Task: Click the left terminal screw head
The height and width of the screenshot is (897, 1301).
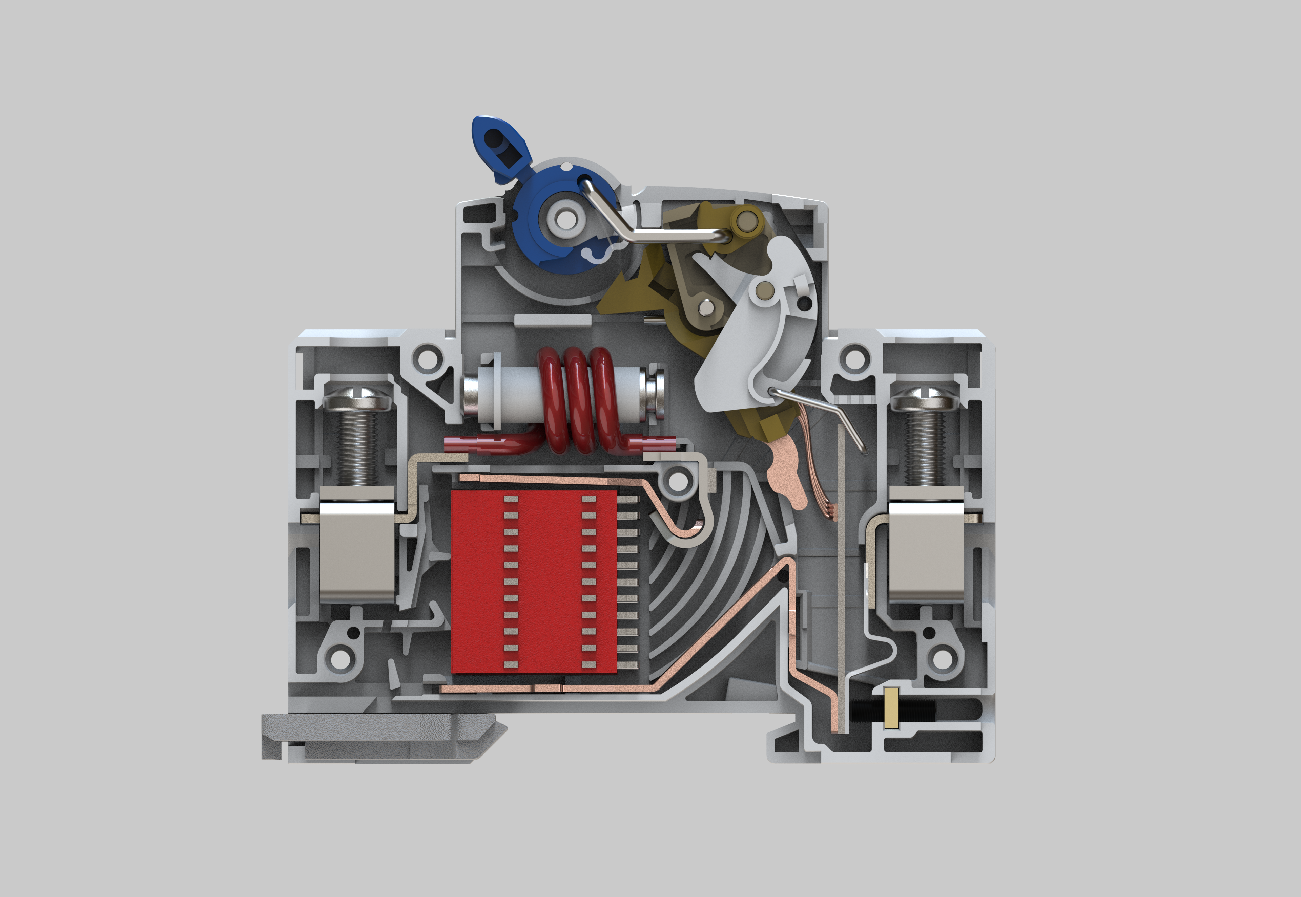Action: click(x=356, y=398)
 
